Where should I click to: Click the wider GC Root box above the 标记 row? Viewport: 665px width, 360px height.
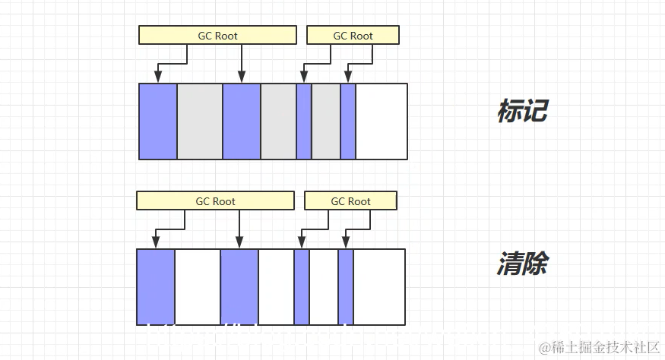[x=217, y=35]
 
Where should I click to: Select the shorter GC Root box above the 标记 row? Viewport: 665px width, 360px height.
[x=353, y=35]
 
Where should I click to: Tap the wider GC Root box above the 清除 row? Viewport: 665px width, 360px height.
[x=215, y=201]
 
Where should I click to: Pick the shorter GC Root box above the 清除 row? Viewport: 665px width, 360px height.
[x=350, y=201]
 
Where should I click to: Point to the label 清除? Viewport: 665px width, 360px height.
[x=522, y=265]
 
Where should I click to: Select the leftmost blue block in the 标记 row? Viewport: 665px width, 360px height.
[x=158, y=122]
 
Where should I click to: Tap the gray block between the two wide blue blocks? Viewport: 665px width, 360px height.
[x=200, y=122]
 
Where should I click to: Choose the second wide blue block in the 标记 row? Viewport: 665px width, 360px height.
[x=242, y=122]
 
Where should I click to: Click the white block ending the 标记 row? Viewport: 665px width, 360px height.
[x=382, y=122]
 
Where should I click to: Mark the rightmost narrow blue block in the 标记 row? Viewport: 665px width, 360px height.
[x=348, y=122]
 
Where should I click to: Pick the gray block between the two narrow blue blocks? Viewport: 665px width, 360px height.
[x=326, y=122]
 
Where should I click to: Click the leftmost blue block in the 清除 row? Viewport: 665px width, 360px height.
[x=156, y=286]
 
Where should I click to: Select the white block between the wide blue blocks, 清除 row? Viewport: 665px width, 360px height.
[x=198, y=286]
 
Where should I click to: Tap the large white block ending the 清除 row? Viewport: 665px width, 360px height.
[x=379, y=286]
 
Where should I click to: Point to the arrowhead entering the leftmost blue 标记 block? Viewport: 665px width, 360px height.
[x=158, y=77]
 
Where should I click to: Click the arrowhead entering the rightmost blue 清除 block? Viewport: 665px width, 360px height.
[x=346, y=242]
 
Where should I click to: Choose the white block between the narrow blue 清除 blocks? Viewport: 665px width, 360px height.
[x=324, y=286]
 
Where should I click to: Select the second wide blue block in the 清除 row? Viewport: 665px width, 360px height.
[x=239, y=286]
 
